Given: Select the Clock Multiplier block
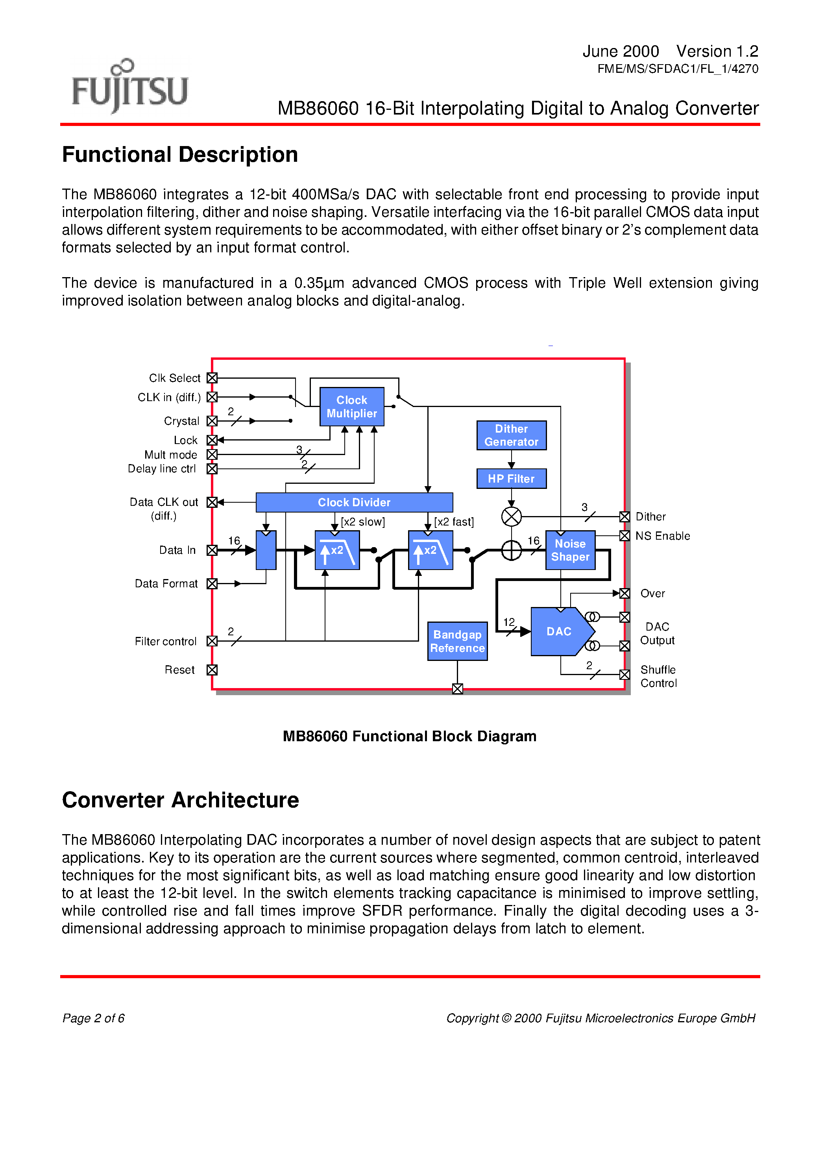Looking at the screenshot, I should tap(351, 407).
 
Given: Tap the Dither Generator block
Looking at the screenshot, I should tap(511, 435).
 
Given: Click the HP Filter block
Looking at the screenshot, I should tap(511, 479).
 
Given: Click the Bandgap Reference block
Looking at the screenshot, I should tap(457, 641).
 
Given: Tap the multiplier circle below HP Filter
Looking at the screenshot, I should tap(511, 516).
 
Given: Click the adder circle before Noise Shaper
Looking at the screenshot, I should tap(511, 550).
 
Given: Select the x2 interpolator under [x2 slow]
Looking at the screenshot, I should tap(337, 550).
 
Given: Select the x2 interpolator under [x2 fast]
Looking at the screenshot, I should tap(430, 550).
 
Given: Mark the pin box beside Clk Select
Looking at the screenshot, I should tap(212, 378).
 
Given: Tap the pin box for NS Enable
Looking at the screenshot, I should tap(625, 536).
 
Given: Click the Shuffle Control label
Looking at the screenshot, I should tap(658, 676).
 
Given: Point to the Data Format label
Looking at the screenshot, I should tap(166, 583).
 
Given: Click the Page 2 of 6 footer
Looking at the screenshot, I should tap(93, 1018).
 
